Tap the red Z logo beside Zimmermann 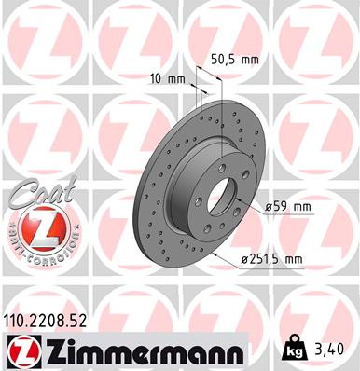coord(20,350)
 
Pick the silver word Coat coord(35,190)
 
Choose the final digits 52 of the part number coord(82,322)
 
